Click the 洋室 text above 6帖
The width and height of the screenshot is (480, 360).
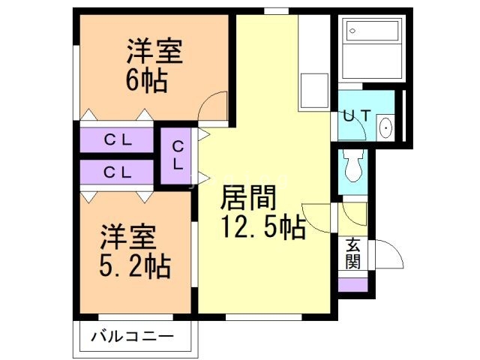point(153,53)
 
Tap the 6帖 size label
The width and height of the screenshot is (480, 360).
point(146,79)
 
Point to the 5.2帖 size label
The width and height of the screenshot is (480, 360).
point(135,265)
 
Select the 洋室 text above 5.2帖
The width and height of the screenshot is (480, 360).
point(128,238)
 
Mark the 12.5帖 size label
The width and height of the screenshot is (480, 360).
point(262,226)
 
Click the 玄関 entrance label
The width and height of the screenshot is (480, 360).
point(352,253)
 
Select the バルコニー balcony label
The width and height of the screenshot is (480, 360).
point(133,335)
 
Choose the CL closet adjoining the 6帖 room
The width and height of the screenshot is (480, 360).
point(117,139)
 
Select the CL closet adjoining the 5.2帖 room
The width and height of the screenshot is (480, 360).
point(117,172)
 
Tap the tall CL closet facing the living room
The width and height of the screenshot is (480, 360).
point(178,155)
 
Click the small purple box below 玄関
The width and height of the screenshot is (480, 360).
point(353,285)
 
